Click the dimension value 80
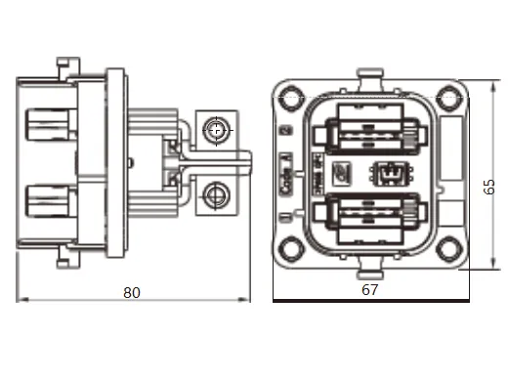tap(132, 291)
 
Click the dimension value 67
tap(369, 290)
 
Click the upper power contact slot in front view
tap(369, 135)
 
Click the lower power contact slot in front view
tap(369, 217)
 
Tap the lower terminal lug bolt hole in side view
tap(217, 201)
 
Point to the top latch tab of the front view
tap(369, 77)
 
